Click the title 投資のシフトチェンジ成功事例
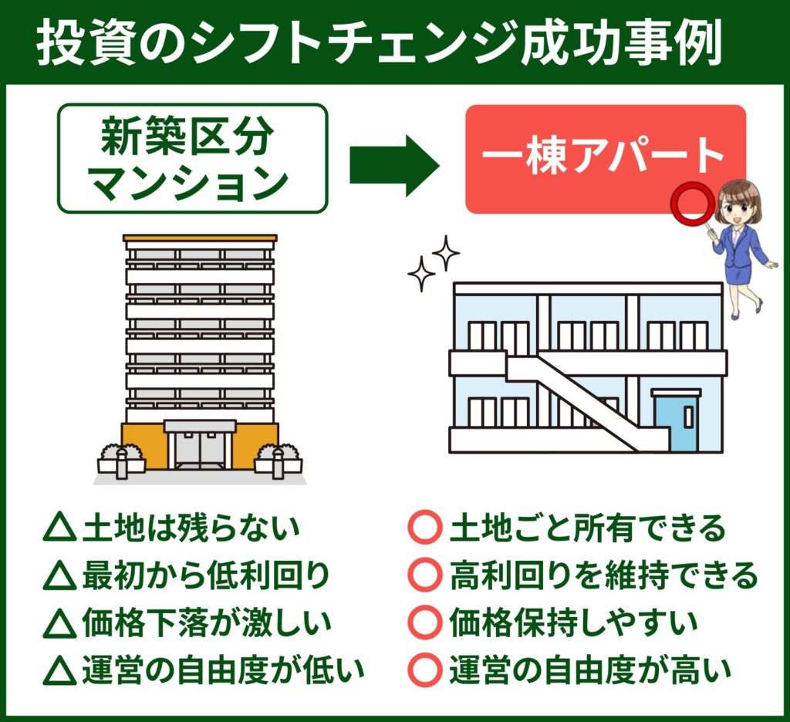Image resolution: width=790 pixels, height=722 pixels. tap(378, 44)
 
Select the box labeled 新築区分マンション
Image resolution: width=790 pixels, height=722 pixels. tap(193, 159)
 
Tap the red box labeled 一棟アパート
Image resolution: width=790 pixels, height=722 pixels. tap(605, 159)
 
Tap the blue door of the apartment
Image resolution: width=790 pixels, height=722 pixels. tap(676, 423)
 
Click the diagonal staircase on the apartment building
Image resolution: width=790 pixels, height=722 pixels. tap(586, 401)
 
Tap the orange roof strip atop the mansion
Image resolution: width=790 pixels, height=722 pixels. tap(200, 238)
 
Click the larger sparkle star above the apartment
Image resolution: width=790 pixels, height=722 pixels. tap(445, 251)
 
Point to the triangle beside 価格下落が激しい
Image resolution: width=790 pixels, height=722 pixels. tap(59, 622)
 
